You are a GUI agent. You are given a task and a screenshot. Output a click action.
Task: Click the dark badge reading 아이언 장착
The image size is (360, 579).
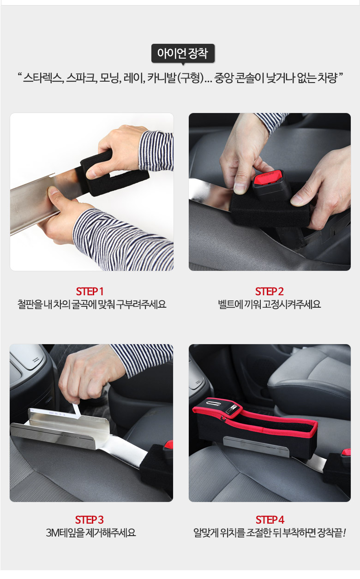(x=183, y=54)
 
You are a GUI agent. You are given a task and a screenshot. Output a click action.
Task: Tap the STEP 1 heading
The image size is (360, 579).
(x=90, y=292)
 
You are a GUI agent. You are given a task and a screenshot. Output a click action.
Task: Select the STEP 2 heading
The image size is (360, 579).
(x=269, y=292)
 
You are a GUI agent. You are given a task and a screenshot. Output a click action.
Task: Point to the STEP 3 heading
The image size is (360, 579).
(x=89, y=520)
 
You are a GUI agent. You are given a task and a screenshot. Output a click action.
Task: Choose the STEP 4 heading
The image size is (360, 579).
(x=270, y=520)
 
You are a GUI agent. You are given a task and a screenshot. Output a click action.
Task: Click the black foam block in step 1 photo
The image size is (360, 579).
(x=114, y=173)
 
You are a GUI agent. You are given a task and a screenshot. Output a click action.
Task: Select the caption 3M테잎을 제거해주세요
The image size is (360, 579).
(x=91, y=533)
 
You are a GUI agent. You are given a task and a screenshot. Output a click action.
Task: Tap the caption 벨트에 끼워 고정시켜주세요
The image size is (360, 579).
(x=269, y=304)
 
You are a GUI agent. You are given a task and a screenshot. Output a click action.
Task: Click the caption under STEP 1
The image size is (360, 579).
(x=91, y=304)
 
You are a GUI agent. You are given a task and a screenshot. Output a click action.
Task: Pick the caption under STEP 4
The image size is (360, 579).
(x=270, y=533)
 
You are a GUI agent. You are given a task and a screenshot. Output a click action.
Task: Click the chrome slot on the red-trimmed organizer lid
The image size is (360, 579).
(x=213, y=403)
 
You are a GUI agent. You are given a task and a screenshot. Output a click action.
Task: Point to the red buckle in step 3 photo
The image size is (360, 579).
(x=169, y=445)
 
